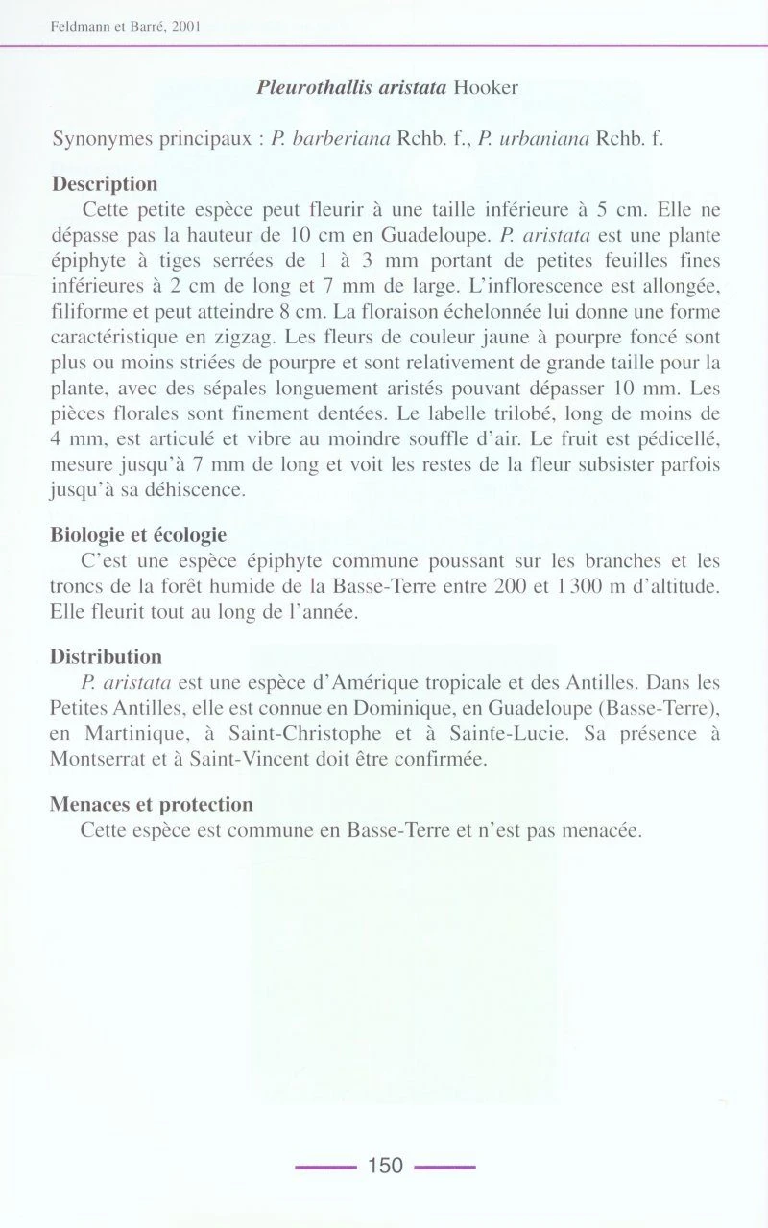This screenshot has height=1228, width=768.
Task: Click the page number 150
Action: point(385,1166)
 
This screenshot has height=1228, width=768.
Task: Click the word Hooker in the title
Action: point(486,87)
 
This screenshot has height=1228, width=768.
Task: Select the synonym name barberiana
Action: point(340,138)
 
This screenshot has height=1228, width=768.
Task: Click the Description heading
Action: point(105,183)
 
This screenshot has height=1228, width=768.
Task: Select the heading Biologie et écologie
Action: point(138,534)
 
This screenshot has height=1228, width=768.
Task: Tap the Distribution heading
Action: point(106,657)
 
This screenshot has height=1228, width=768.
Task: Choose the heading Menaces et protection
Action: point(152,804)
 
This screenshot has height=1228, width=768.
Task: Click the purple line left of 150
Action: point(325,1167)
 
